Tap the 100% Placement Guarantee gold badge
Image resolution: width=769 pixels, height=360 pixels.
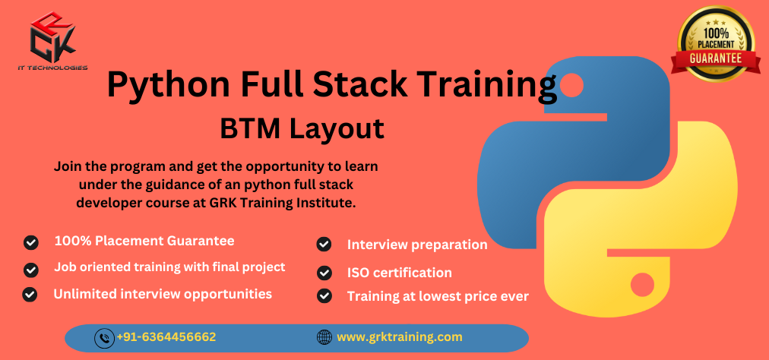[716, 44]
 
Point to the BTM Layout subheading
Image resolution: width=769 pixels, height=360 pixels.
[302, 129]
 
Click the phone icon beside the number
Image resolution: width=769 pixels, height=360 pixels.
[104, 338]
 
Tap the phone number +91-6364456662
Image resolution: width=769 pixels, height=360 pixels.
[166, 337]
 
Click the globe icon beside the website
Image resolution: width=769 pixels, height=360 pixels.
[324, 337]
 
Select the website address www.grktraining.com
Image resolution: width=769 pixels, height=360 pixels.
[399, 337]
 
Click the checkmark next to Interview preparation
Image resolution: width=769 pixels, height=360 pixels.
[324, 245]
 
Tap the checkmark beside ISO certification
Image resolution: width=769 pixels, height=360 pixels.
[324, 273]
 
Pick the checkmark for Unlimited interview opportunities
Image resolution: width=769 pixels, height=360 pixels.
[30, 294]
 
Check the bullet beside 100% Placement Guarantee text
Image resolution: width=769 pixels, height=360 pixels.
[31, 242]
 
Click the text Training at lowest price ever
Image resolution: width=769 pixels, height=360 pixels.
[438, 297]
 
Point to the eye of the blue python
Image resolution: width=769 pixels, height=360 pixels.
[571, 86]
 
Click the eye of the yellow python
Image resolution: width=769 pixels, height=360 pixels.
[642, 285]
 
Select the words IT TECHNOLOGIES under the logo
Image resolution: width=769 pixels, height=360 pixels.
[52, 68]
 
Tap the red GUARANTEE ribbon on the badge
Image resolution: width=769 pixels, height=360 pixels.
[716, 58]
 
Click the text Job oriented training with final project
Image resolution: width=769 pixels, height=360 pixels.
[169, 268]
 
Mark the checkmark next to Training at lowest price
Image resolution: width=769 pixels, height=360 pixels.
[324, 295]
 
